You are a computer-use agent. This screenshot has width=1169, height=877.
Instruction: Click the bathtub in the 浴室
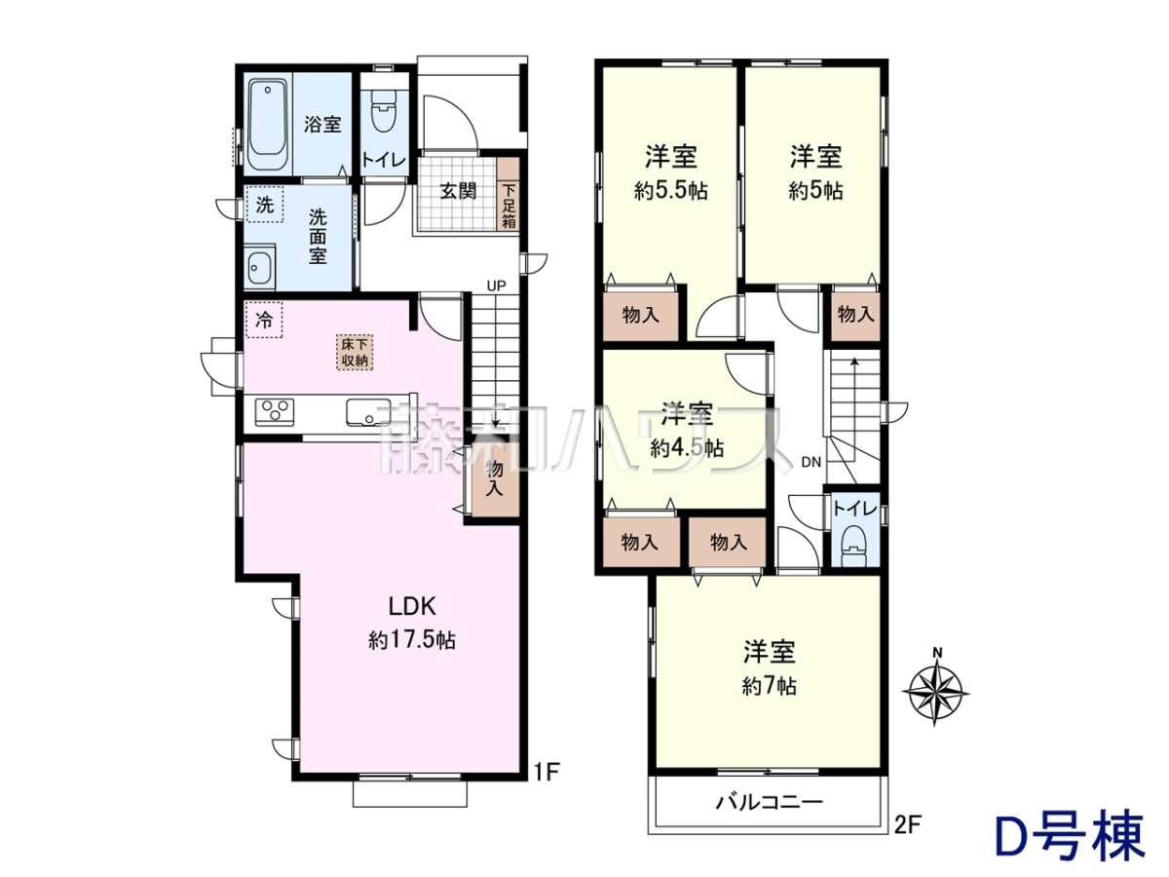269,125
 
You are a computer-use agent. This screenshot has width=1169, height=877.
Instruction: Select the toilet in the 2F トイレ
853,545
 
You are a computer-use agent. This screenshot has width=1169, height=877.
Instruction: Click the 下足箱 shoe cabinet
509,194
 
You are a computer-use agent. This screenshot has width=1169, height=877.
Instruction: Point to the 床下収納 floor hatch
355,352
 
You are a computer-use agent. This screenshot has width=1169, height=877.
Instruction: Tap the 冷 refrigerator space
264,320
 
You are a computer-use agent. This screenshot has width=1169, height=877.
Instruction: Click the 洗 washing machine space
265,204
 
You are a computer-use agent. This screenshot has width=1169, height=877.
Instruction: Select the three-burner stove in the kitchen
275,411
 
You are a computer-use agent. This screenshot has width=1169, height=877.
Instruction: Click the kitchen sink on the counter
368,412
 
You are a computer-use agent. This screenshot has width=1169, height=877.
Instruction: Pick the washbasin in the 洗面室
261,267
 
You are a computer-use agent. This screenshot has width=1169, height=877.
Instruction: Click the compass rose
936,692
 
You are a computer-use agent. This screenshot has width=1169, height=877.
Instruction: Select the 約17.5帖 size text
412,640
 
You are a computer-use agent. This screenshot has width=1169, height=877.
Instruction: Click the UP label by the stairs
496,286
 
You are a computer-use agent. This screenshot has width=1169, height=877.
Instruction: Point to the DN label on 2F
811,463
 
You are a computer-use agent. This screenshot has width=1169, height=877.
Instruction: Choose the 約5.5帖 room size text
671,191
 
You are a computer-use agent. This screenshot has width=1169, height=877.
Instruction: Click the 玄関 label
458,190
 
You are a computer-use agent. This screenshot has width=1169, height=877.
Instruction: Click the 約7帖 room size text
769,686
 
